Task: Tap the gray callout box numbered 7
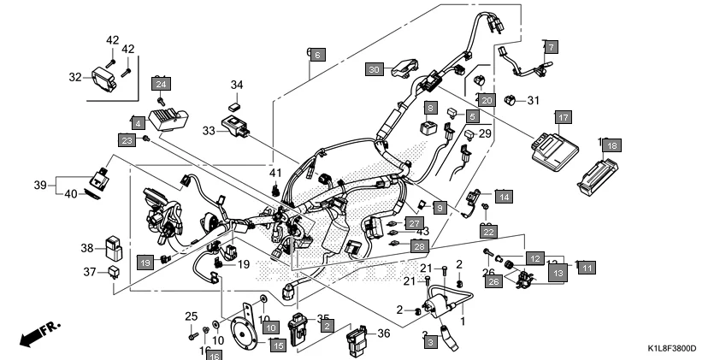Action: (x=551, y=46)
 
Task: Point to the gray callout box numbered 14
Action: (x=503, y=196)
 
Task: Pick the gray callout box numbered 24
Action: (x=161, y=83)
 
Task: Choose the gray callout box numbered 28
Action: (x=418, y=245)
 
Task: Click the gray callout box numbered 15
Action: (x=277, y=345)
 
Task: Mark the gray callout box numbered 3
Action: (x=430, y=341)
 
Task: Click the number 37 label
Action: (x=90, y=273)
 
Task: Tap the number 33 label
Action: (x=210, y=131)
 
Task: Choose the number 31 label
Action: (x=534, y=101)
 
